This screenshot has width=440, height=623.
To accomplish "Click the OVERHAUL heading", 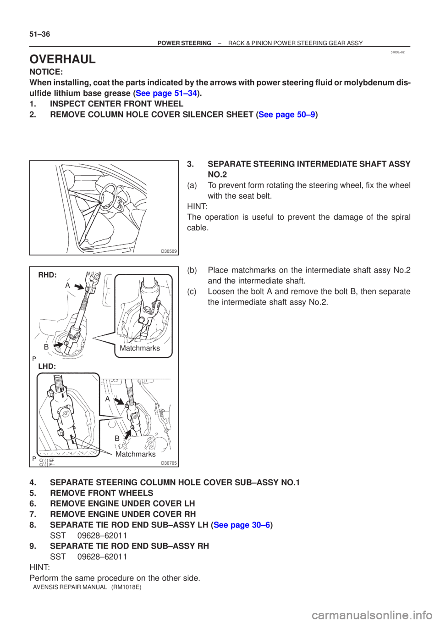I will (x=62, y=59).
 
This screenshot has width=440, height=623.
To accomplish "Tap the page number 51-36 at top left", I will (x=39, y=35).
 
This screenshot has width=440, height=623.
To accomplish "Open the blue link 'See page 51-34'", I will (x=166, y=93).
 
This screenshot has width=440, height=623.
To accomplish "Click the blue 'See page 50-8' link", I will (x=287, y=115).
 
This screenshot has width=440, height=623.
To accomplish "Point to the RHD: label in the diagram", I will (x=48, y=275).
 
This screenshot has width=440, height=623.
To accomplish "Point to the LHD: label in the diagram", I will (x=47, y=366).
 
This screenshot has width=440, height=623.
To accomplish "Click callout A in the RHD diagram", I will (x=67, y=285).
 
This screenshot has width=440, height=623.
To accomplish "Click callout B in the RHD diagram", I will (x=46, y=347).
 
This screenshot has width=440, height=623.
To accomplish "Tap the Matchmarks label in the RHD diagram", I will (x=140, y=348).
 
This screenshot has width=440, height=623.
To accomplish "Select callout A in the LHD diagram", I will (x=107, y=399).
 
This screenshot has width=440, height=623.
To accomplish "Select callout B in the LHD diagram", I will (x=117, y=439).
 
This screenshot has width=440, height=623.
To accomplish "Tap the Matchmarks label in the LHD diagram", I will (x=136, y=454).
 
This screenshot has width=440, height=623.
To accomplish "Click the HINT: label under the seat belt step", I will (x=197, y=207).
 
